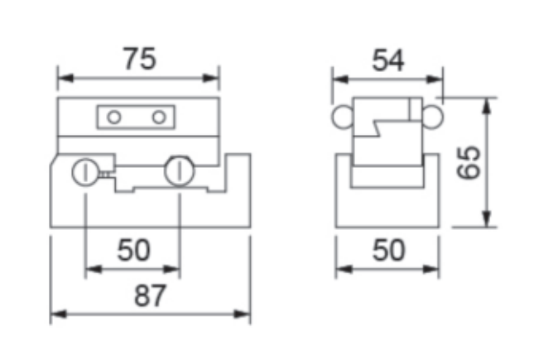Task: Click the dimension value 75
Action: click(x=139, y=59)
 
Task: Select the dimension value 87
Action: click(x=150, y=295)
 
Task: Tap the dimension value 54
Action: click(x=388, y=60)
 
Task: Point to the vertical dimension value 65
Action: click(x=469, y=162)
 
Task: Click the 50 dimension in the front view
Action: click(x=133, y=250)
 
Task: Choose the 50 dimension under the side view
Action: click(x=388, y=250)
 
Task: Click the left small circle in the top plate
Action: click(x=114, y=117)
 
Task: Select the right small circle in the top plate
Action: click(x=159, y=117)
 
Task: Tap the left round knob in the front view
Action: click(x=85, y=172)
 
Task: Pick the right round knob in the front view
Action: click(x=179, y=171)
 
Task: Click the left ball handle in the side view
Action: click(x=343, y=117)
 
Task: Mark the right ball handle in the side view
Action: click(x=432, y=117)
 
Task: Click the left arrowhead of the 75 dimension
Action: click(x=65, y=79)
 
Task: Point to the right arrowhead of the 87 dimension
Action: click(x=243, y=314)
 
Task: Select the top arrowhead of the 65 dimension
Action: click(x=487, y=105)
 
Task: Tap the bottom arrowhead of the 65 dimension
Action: click(x=487, y=219)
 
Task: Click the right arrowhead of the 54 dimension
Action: click(x=435, y=79)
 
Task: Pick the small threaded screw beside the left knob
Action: click(x=105, y=174)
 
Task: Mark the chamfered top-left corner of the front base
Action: click(x=54, y=160)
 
